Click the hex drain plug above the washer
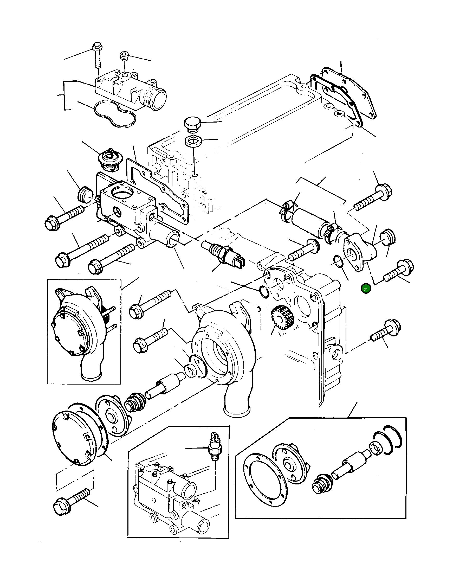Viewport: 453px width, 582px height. (191, 124)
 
